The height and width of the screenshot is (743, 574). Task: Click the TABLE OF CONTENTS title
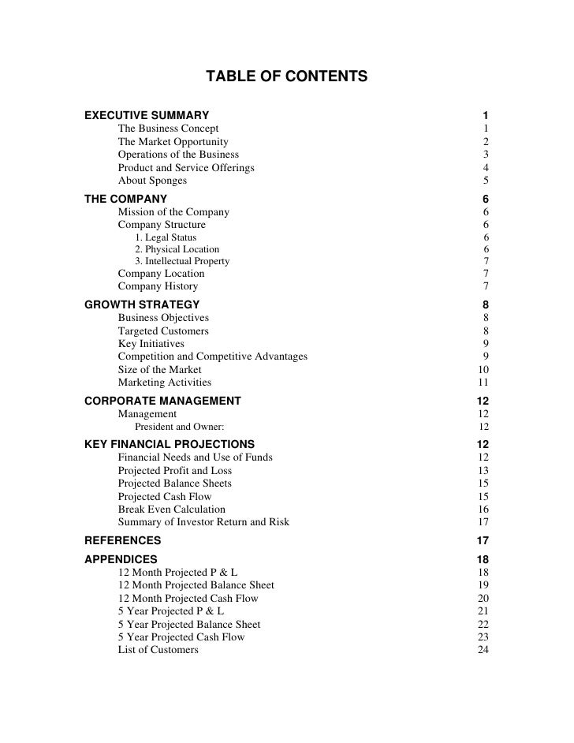point(286,77)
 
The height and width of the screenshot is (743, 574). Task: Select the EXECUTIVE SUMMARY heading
point(147,116)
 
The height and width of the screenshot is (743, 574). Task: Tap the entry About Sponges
point(152,181)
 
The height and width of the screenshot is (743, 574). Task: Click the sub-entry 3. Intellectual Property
point(182,261)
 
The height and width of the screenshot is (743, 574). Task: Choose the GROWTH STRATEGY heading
point(142,304)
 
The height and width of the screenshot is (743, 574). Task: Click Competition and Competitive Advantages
point(213,357)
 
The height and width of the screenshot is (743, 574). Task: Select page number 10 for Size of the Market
point(484,369)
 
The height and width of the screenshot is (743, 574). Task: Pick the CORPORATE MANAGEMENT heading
point(162,401)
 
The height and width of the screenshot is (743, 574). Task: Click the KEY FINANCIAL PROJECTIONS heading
point(170,443)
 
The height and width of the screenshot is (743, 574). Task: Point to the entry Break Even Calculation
point(171,510)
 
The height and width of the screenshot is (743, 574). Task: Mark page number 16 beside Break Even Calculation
point(484,510)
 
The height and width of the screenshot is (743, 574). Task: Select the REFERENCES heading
point(122,541)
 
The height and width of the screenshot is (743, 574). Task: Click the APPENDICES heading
point(121,559)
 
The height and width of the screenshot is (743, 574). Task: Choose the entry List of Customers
point(158,650)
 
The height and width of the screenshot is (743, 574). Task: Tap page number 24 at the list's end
point(484,650)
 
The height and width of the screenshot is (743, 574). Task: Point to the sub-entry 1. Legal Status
point(166,237)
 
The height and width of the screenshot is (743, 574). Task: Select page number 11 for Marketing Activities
point(484,383)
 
